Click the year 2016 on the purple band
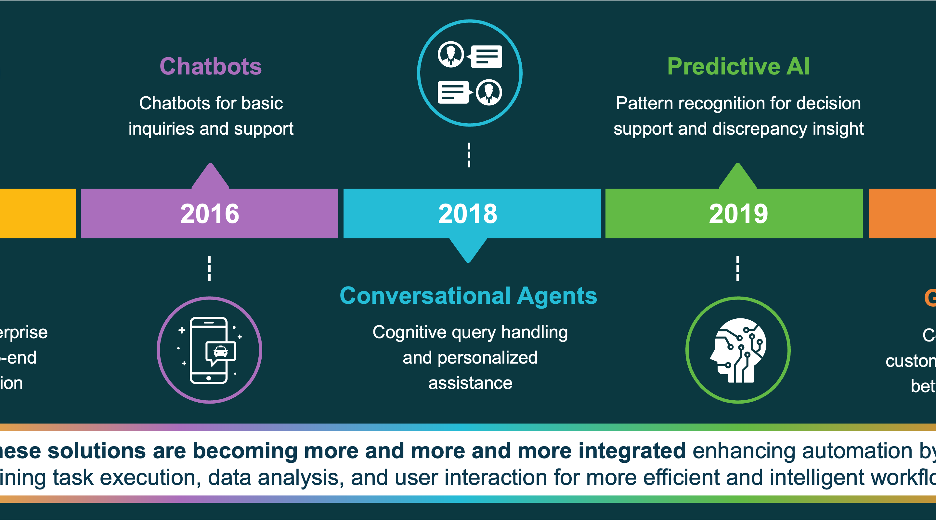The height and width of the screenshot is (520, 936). tap(210, 214)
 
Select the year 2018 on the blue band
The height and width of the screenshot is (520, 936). tap(468, 214)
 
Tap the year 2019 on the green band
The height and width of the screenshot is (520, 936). tap(738, 214)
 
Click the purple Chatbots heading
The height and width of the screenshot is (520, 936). tap(211, 66)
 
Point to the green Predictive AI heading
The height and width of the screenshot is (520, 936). tap(738, 66)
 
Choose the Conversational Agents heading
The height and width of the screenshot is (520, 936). tap(468, 295)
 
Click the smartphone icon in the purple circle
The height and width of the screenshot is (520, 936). tap(209, 350)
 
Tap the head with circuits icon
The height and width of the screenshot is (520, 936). tap(738, 350)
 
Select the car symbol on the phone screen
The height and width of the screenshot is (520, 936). tap(221, 352)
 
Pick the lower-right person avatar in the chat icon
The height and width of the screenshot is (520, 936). tap(489, 92)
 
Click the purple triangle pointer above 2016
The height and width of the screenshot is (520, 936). tap(210, 176)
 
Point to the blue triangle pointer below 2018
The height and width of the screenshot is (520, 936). tap(468, 250)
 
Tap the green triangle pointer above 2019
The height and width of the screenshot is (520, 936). tap(738, 176)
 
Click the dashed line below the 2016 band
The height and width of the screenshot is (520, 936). tap(209, 268)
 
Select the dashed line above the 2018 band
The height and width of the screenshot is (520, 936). tap(469, 155)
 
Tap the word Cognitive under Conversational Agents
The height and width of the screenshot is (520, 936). tap(409, 332)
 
